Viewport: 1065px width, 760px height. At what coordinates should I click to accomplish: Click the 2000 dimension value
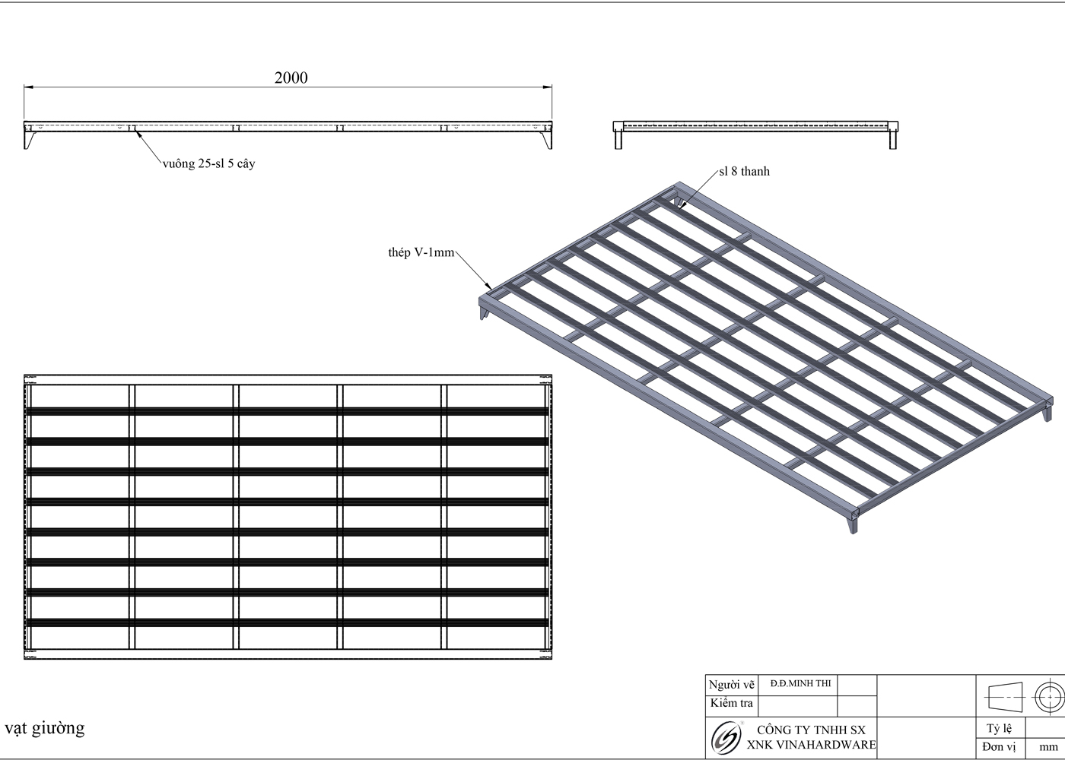[291, 78]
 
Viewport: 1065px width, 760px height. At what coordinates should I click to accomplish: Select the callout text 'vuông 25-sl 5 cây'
[208, 163]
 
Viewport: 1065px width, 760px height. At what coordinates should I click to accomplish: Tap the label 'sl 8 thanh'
[744, 171]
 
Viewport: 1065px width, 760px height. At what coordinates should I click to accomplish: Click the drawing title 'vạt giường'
[45, 728]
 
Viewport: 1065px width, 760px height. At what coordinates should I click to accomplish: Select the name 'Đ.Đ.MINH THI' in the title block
[800, 683]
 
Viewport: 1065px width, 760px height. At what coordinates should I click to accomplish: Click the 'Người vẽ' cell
[732, 684]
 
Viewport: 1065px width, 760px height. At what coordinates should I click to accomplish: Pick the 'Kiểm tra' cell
[731, 703]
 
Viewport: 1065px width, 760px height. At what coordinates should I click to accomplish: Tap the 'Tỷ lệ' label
[998, 729]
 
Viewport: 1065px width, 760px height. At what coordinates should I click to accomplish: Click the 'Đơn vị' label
[998, 747]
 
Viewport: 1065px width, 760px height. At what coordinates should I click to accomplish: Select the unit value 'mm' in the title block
[1048, 747]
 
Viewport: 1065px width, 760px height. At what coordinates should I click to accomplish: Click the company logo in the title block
[725, 737]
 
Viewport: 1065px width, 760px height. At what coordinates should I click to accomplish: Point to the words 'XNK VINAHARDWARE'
[811, 745]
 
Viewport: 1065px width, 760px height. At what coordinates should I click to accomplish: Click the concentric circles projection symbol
[1048, 695]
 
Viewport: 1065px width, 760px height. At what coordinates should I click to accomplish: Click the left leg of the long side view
[30, 140]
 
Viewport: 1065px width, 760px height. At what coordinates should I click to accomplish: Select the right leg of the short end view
[892, 139]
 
